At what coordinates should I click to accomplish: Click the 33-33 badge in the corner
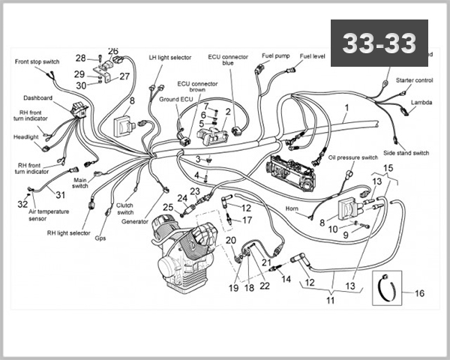[x=379, y=43]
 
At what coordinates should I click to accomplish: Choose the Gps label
[x=100, y=239]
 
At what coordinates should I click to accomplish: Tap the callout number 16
[x=419, y=293]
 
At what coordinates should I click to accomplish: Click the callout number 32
[x=22, y=204]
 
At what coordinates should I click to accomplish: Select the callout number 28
[x=80, y=58]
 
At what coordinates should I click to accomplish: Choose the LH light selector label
[x=169, y=57]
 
